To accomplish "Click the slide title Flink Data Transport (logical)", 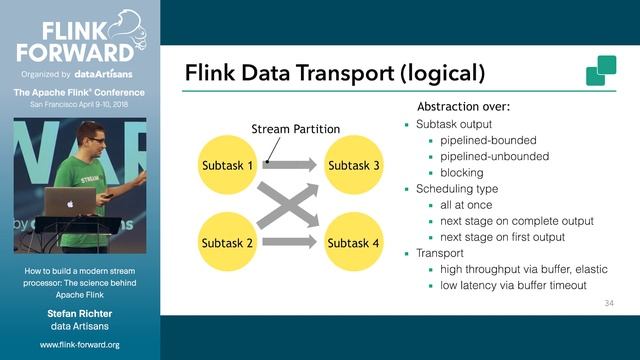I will [335, 74].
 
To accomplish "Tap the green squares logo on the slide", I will [601, 71].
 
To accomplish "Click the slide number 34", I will [609, 303].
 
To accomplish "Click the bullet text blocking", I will [463, 172].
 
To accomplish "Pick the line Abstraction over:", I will [463, 106].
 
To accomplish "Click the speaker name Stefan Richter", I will [80, 313].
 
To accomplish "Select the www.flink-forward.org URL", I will [80, 345].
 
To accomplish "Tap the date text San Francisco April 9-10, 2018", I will [80, 104].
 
